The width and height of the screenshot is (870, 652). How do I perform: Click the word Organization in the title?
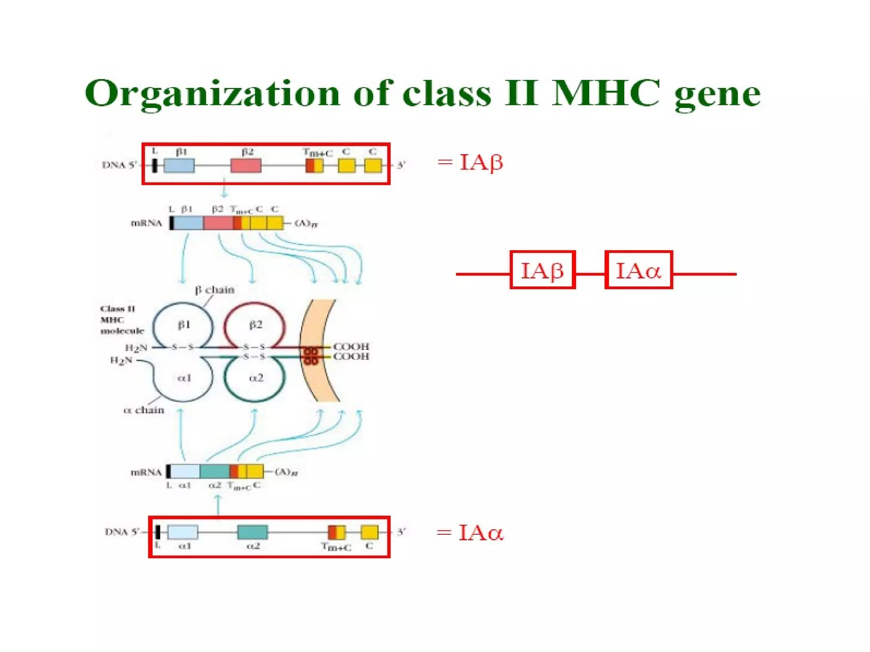(212, 94)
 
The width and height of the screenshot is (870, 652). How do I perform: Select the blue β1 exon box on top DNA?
(179, 166)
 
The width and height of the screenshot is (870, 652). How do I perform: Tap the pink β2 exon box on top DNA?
(246, 166)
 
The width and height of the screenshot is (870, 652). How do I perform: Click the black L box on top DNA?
(155, 166)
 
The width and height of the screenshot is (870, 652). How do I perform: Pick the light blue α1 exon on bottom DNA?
(183, 532)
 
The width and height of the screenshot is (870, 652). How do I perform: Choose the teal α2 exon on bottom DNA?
(252, 532)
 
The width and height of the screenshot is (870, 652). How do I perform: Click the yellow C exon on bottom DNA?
(369, 532)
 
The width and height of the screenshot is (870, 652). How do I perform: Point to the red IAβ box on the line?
(542, 270)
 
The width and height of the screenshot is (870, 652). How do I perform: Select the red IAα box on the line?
(638, 270)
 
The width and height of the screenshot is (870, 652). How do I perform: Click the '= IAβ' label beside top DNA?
(471, 163)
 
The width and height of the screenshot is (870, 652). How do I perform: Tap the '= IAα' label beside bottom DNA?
(470, 533)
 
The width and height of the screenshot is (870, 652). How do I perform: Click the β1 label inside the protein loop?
(184, 325)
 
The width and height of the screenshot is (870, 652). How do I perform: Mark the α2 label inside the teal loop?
(256, 378)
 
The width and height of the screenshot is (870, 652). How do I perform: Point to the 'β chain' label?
(215, 290)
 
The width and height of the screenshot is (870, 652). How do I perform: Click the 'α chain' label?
(144, 410)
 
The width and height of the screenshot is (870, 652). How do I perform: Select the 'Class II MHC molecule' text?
(121, 320)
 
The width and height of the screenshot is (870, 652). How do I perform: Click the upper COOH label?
(351, 346)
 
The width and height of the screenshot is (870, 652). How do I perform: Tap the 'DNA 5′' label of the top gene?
(119, 165)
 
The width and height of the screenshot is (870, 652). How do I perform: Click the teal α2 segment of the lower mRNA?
(215, 472)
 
